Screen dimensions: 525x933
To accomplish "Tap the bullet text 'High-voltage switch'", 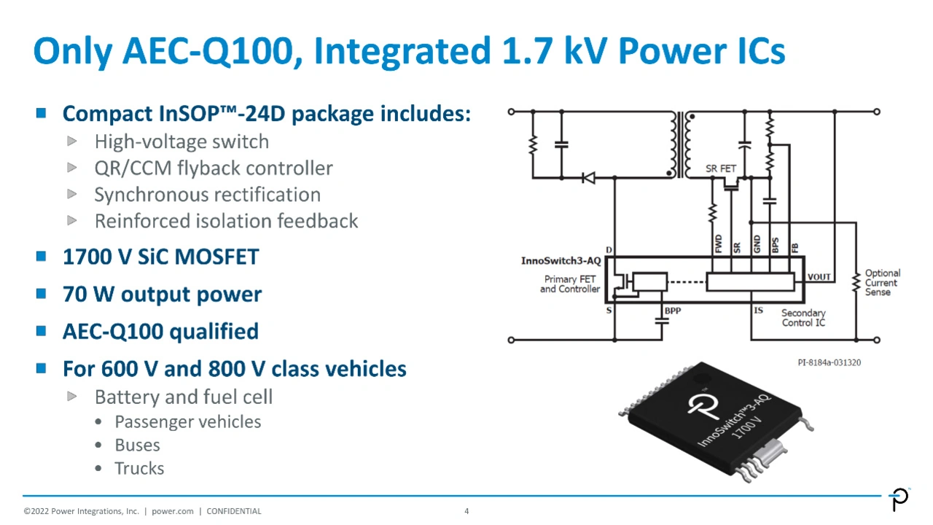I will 181,141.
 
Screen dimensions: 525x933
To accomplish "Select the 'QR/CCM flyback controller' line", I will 214,168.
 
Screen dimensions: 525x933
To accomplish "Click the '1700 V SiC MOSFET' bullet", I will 160,257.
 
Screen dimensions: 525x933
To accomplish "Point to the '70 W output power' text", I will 162,295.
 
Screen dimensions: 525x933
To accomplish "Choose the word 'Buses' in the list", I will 137,446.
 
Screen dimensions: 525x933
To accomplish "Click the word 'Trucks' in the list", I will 139,469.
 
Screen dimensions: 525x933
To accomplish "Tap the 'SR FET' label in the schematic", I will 721,169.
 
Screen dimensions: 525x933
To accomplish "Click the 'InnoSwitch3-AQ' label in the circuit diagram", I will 561,261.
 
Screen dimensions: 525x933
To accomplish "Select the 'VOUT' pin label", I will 819,277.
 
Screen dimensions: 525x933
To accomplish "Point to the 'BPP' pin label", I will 672,311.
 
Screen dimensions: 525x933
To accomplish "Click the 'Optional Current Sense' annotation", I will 882,283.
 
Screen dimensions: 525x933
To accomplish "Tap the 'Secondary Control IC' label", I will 803,318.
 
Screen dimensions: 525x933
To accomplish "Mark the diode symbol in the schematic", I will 587,177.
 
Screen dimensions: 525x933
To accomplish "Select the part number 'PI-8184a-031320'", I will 829,362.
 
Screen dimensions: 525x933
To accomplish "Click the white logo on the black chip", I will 703,405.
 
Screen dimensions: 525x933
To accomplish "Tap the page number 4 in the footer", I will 466,511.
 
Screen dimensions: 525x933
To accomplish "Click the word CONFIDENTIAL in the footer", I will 233,511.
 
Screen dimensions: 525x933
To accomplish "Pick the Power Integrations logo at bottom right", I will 900,499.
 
